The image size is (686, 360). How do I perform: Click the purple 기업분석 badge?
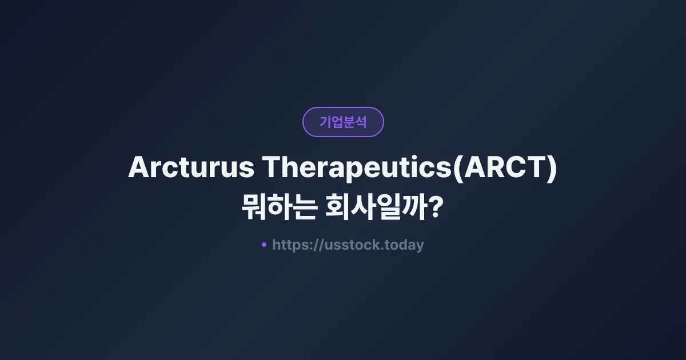[x=343, y=122]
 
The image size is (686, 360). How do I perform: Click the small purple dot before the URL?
[x=264, y=245]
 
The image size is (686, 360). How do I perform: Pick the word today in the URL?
[x=404, y=245]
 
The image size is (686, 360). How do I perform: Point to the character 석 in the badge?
[x=361, y=122]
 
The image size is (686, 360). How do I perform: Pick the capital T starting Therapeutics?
[x=271, y=168]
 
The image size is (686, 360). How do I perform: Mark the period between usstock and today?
[x=382, y=250]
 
